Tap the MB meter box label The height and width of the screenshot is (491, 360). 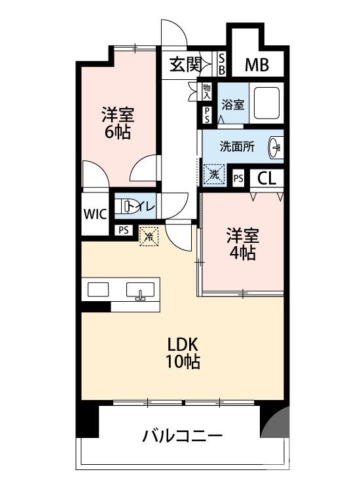256,65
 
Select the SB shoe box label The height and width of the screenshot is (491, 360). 222,64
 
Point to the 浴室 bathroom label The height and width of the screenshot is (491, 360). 232,103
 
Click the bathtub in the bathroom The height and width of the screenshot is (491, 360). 267,103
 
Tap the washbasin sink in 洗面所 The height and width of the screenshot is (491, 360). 276,148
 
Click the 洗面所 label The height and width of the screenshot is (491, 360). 236,147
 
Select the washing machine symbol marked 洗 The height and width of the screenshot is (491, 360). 213,175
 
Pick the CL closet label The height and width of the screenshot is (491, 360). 266,177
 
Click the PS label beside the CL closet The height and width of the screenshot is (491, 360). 238,177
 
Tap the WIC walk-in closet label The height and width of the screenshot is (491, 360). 94,213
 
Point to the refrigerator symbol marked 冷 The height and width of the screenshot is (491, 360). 149,236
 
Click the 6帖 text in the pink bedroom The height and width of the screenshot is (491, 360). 118,132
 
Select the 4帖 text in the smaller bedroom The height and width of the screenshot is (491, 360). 243,253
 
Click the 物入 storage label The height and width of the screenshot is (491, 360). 207,90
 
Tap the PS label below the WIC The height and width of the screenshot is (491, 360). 122,230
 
